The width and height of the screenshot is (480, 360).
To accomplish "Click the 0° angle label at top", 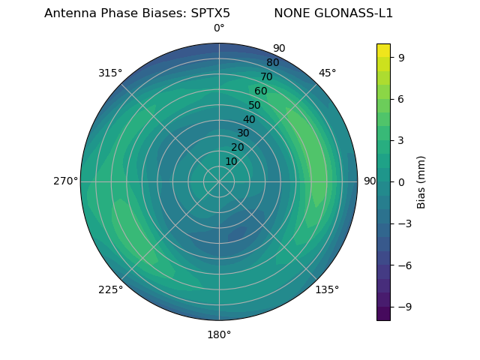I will pyautogui.click(x=219, y=28).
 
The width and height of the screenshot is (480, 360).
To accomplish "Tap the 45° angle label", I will pyautogui.click(x=327, y=73).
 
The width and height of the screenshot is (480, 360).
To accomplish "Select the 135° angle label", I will pyautogui.click(x=327, y=289).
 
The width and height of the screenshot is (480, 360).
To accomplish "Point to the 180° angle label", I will pyautogui.click(x=219, y=334).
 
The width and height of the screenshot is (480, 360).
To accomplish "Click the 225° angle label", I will pyautogui.click(x=110, y=290).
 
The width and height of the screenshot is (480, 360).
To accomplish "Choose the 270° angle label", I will pyautogui.click(x=65, y=181).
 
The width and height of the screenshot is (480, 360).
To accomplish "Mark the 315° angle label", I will pyautogui.click(x=110, y=73).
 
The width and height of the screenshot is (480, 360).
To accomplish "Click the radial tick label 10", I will pyautogui.click(x=231, y=161).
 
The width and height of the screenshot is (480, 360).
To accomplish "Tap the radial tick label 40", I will pyautogui.click(x=249, y=119).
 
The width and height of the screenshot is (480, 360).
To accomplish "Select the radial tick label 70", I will pyautogui.click(x=266, y=76).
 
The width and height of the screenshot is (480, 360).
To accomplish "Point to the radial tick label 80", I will pyautogui.click(x=272, y=63).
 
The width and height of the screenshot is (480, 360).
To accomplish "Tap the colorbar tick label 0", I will pyautogui.click(x=401, y=181).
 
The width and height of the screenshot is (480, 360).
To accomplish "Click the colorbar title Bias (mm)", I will pyautogui.click(x=421, y=181).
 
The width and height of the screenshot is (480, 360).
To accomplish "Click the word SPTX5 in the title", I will pyautogui.click(x=205, y=13).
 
